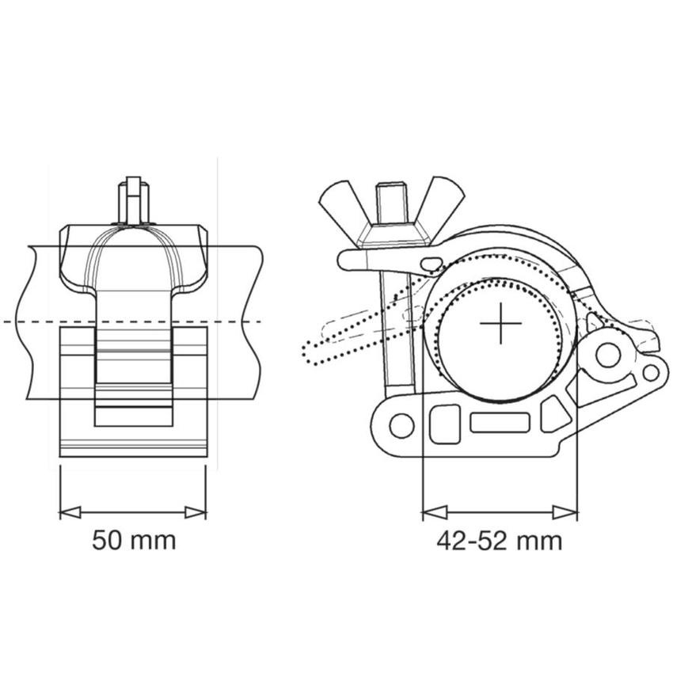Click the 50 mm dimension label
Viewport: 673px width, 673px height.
[134, 541]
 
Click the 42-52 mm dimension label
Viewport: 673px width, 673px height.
[499, 541]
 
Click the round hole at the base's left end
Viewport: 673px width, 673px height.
[401, 425]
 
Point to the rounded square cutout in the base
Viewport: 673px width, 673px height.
[445, 424]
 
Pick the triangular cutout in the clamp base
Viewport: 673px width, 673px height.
[554, 414]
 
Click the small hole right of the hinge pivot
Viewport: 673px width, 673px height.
[650, 372]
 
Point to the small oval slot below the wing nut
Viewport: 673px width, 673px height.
[432, 263]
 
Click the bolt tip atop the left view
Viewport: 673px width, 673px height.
[134, 200]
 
